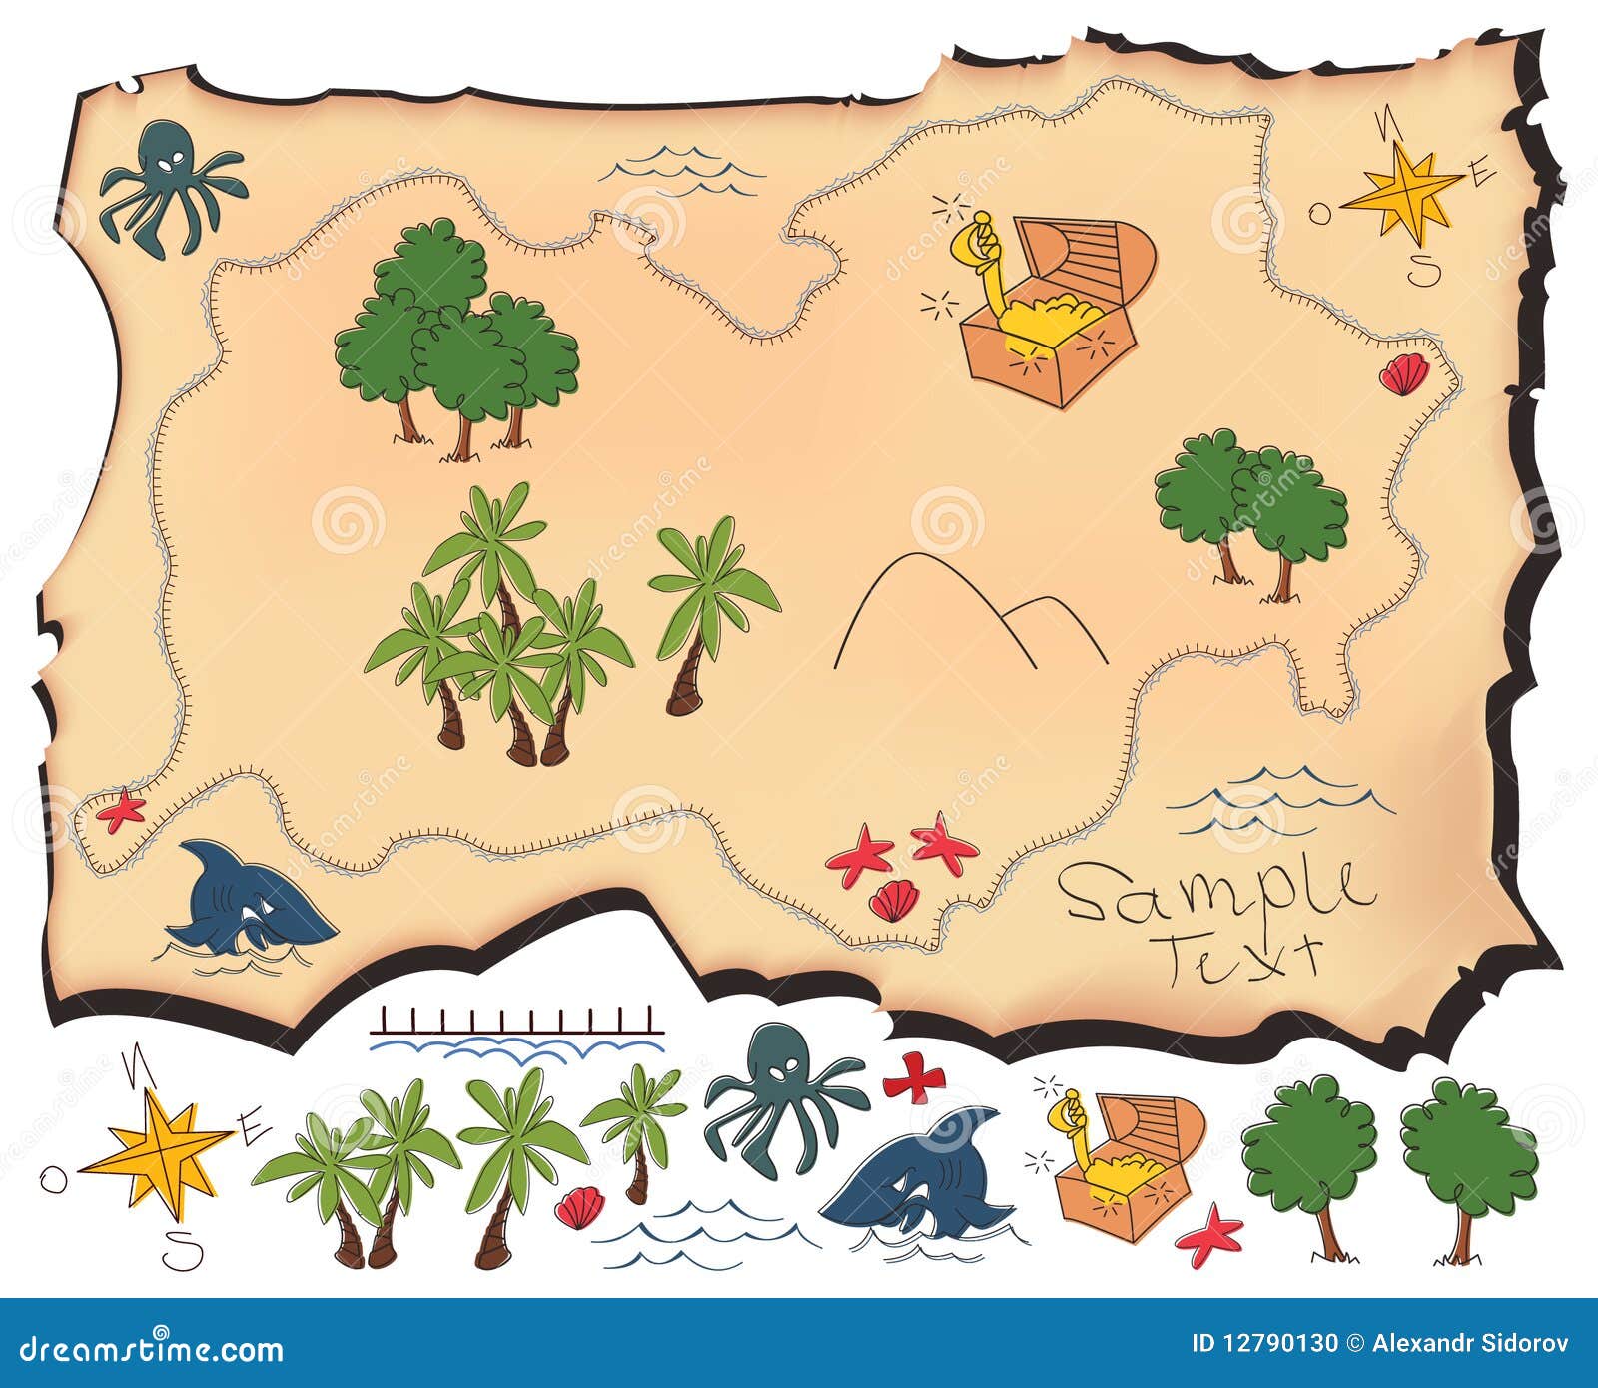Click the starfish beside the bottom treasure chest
(1209, 1234)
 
